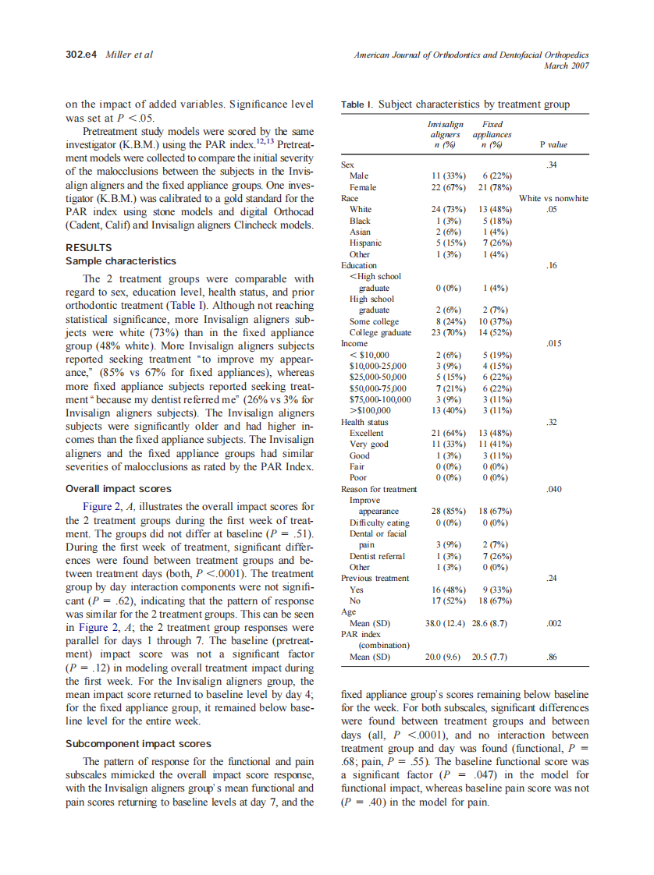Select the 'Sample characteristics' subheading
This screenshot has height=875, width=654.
(121, 261)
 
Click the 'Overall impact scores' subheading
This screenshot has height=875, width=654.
(119, 489)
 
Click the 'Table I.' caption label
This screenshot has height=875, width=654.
(357, 105)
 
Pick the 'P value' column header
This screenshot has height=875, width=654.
(553, 144)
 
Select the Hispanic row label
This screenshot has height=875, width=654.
(365, 243)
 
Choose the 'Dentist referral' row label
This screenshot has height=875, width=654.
(377, 556)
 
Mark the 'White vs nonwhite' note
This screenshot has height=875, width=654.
(553, 198)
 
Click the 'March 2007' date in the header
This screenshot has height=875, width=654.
(566, 65)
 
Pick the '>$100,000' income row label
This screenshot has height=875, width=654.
(370, 410)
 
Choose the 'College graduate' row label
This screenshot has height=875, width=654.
(380, 332)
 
